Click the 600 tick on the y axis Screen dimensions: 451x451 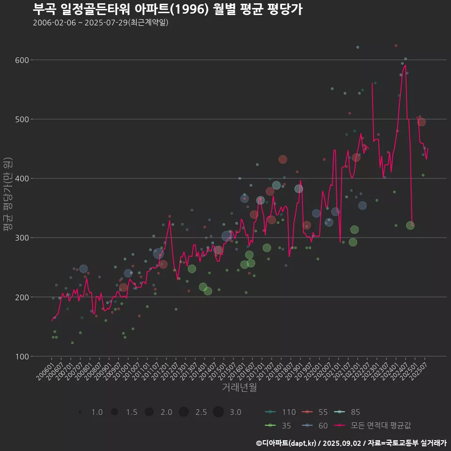click(22, 60)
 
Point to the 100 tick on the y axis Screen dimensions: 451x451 click(22, 356)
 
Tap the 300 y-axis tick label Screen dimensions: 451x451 click(22, 238)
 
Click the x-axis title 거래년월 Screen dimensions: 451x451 click(239, 388)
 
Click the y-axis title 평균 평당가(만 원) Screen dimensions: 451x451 click(8, 195)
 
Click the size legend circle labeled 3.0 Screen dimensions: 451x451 click(218, 412)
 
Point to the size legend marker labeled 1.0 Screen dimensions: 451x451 click(80, 412)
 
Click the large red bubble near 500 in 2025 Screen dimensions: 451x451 click(421, 122)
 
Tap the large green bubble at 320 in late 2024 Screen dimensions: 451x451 click(410, 225)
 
